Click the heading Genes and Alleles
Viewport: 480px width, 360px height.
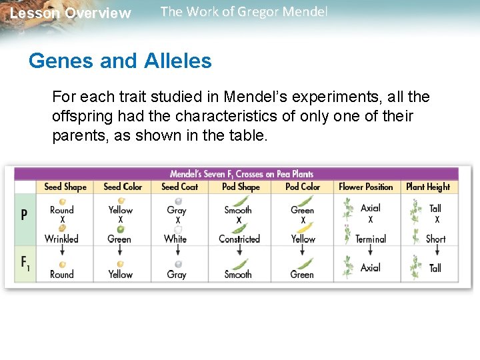click(120, 61)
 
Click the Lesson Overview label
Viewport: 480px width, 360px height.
click(71, 13)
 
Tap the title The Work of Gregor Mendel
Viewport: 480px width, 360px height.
click(244, 12)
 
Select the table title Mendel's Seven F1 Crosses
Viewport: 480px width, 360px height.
click(241, 174)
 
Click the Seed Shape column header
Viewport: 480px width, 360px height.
click(65, 187)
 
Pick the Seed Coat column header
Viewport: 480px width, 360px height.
click(179, 187)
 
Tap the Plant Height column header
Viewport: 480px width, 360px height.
click(428, 187)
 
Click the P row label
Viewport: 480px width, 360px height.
click(25, 215)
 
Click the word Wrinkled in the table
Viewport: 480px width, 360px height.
click(61, 239)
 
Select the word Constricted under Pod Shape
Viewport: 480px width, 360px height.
click(239, 239)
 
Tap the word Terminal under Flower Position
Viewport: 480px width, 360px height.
click(371, 239)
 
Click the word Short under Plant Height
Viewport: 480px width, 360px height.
click(435, 239)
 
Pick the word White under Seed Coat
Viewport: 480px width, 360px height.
click(175, 239)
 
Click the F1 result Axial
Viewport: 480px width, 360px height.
click(371, 268)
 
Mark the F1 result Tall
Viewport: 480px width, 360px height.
click(435, 268)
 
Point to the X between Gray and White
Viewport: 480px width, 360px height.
click(178, 220)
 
